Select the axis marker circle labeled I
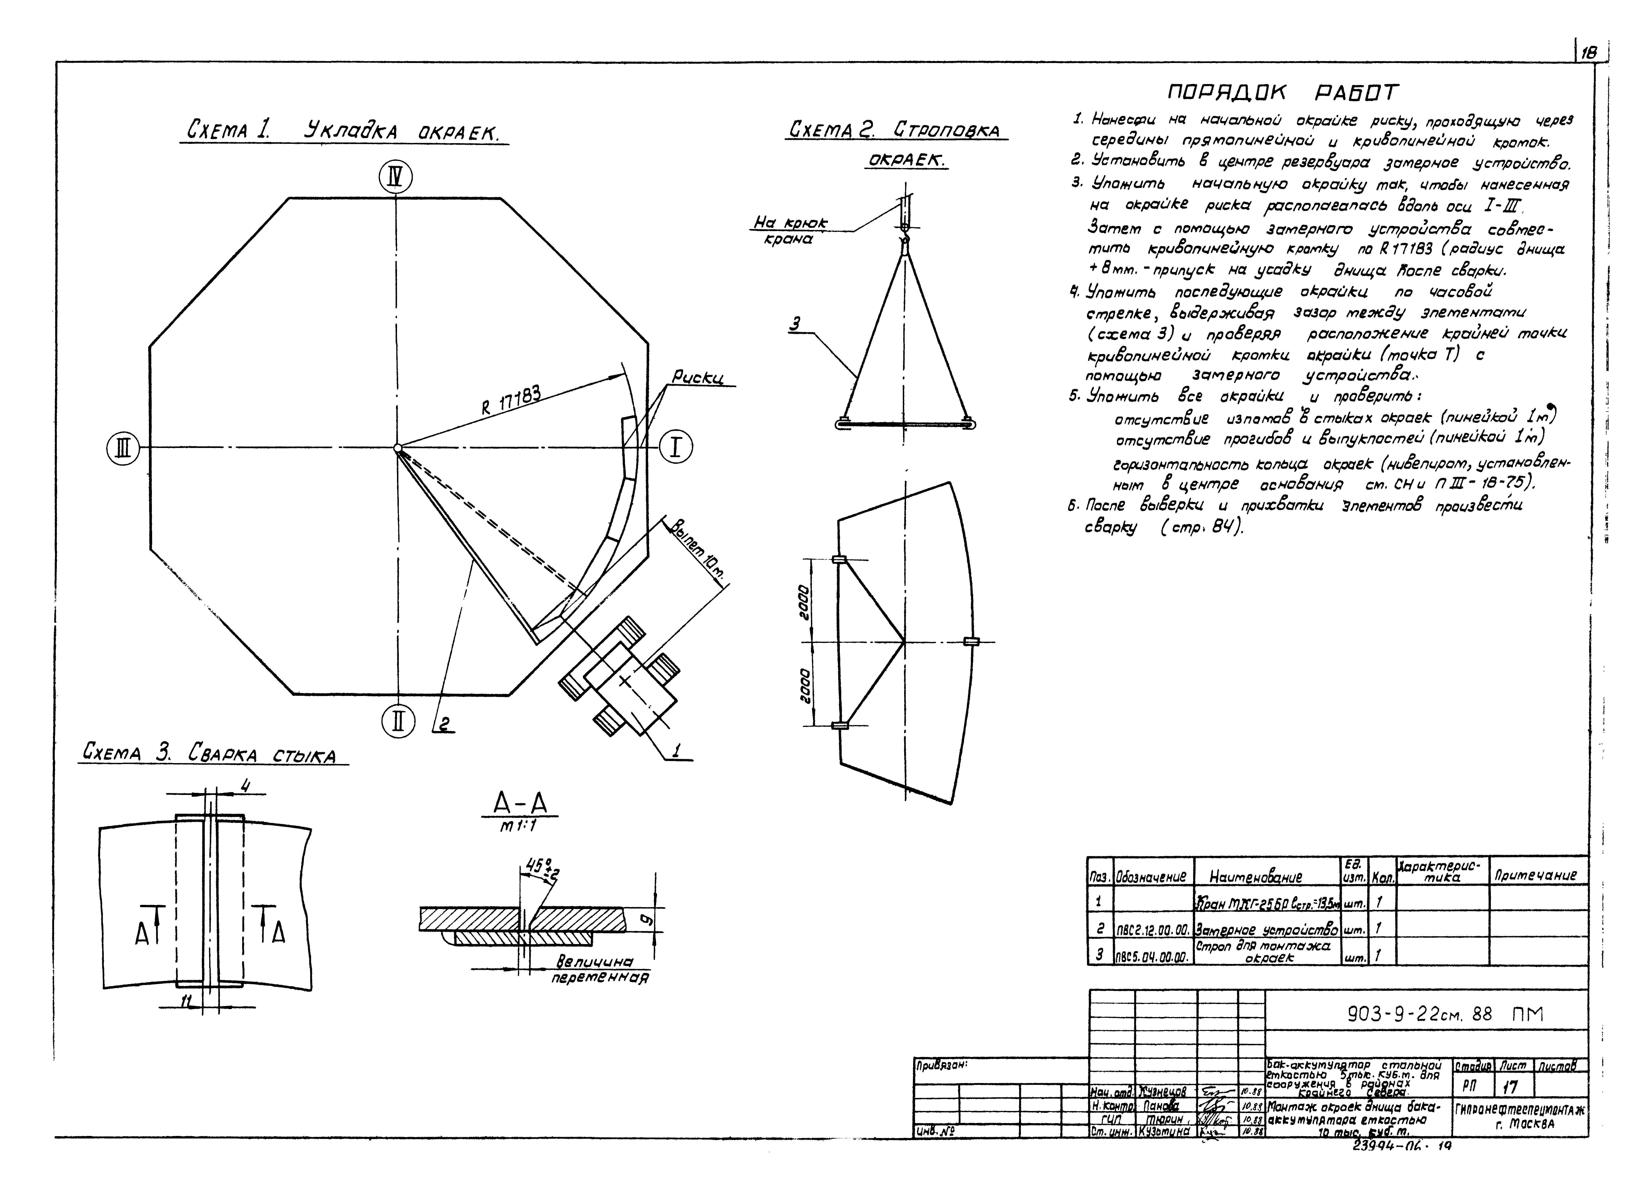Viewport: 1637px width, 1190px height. [x=676, y=448]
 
